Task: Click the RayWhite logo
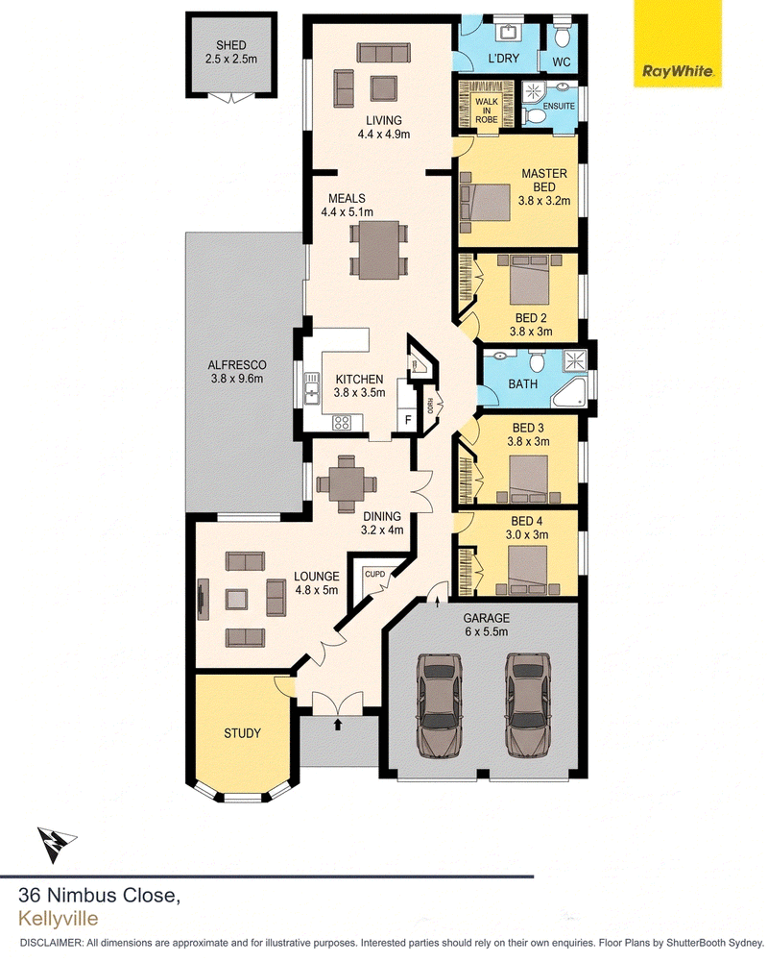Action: (678, 72)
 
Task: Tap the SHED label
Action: (231, 45)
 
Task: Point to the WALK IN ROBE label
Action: (487, 111)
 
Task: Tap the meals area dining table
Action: (379, 250)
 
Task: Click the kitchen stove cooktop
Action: (342, 422)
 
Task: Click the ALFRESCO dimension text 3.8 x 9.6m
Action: (236, 379)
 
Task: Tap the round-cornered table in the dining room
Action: (347, 483)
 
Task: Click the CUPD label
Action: (375, 575)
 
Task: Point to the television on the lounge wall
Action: (201, 598)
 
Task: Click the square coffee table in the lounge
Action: (236, 599)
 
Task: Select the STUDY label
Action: (242, 733)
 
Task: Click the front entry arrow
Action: (338, 724)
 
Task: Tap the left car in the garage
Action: (440, 705)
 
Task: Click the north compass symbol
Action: (56, 844)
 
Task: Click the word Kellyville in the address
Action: (59, 919)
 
